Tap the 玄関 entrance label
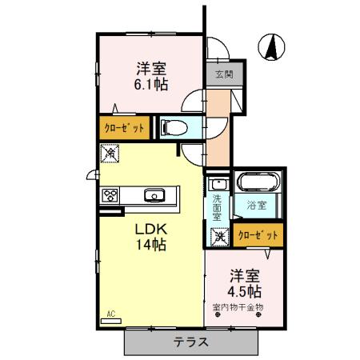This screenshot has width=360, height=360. [x=224, y=75]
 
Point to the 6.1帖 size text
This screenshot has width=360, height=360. [x=150, y=84]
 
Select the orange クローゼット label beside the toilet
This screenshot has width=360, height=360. [x=123, y=127]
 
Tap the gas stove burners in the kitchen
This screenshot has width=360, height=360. [x=110, y=194]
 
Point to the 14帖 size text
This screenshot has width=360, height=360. [x=150, y=245]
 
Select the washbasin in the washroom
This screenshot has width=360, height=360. [x=217, y=184]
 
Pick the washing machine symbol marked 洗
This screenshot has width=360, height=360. [x=218, y=236]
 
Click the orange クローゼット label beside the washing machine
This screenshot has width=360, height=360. [x=258, y=235]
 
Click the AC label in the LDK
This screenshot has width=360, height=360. [x=110, y=315]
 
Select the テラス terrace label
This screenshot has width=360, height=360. [x=192, y=342]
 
